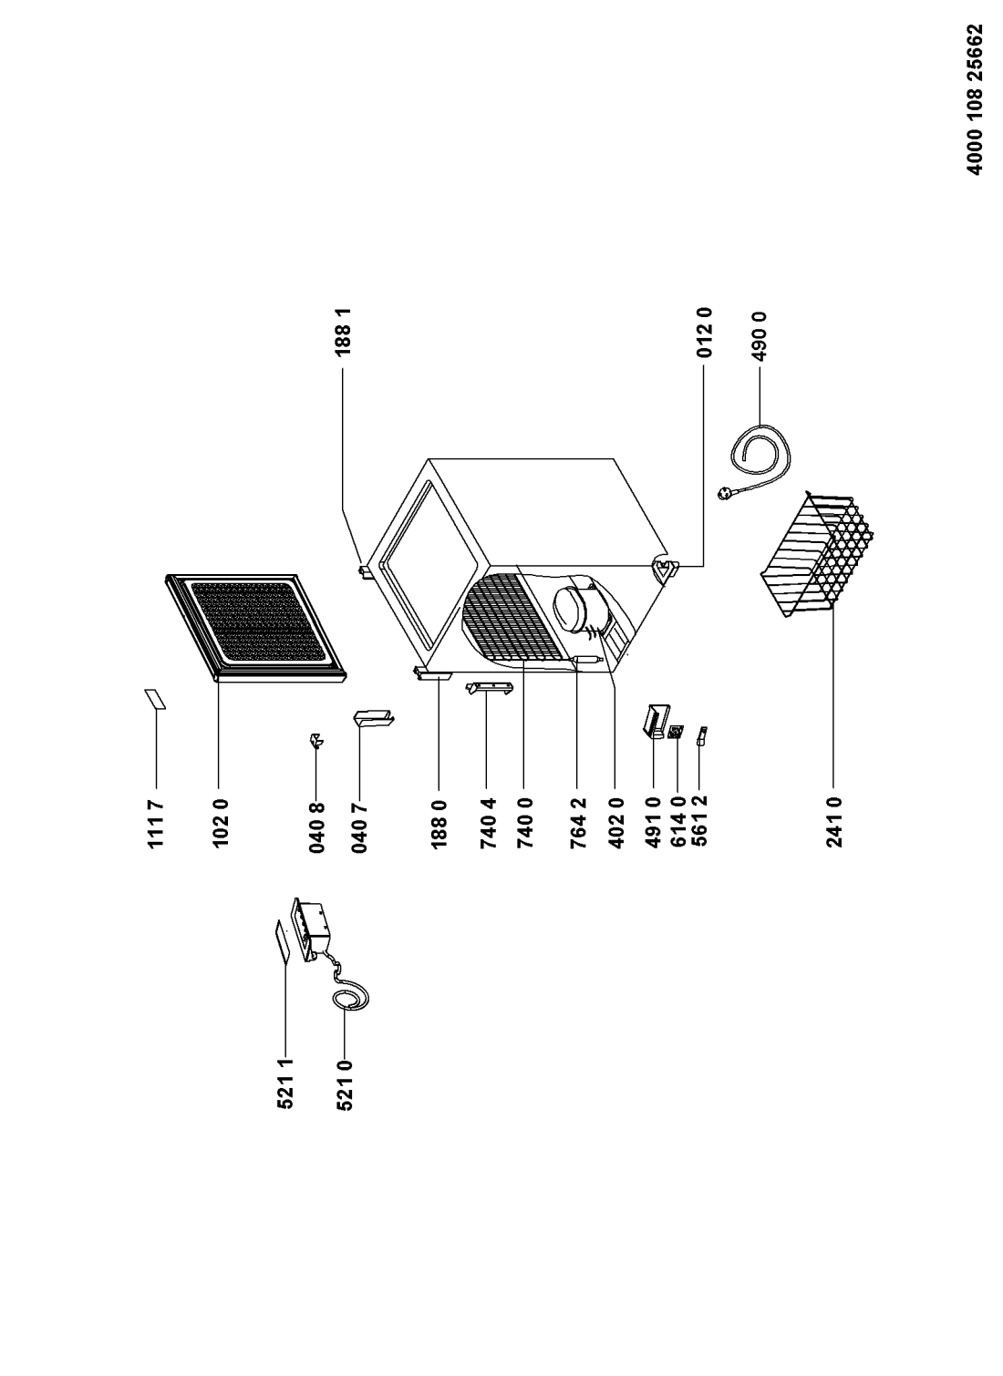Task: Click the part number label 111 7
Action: tap(156, 825)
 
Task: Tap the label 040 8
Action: tap(316, 827)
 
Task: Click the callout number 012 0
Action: tap(704, 332)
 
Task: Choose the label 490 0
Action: tap(760, 336)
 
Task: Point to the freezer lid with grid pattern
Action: tap(255, 628)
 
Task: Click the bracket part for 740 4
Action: tap(490, 688)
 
